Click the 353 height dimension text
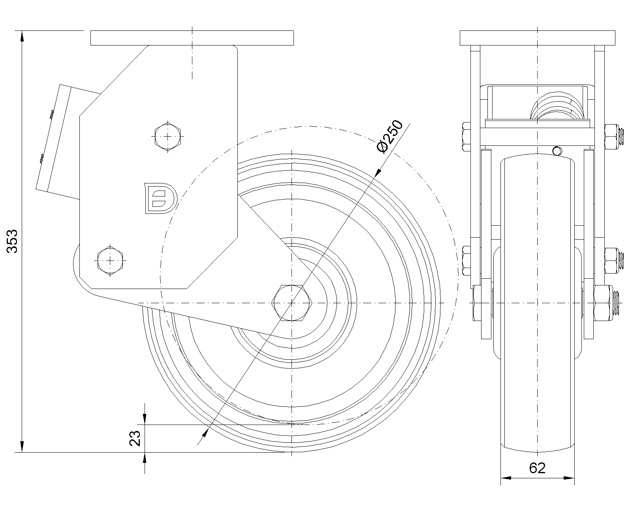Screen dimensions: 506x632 (13, 241)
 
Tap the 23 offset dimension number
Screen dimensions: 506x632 (135, 438)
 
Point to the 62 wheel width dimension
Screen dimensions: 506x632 (537, 468)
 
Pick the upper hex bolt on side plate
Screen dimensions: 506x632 (168, 137)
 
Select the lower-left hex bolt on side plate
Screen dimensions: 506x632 (110, 261)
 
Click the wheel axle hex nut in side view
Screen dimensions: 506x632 (292, 303)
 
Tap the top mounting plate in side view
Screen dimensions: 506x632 (192, 38)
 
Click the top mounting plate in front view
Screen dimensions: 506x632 (538, 38)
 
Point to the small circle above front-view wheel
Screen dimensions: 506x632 (557, 151)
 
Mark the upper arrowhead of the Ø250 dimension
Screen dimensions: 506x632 (378, 171)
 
